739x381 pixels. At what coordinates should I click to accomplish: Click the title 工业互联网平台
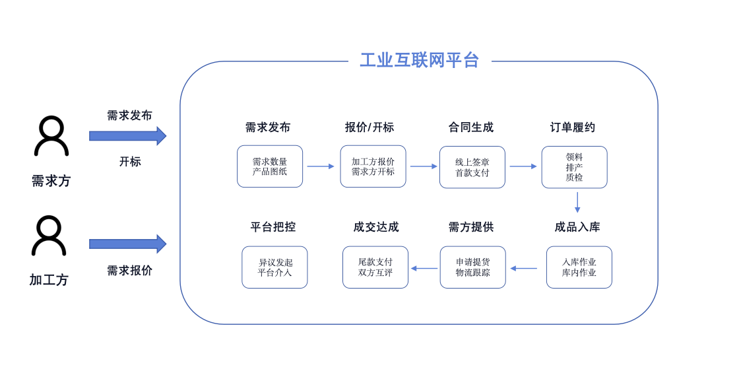[x=419, y=61]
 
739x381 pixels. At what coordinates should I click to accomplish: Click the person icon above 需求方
[x=51, y=137]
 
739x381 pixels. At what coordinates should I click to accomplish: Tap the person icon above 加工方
[x=49, y=236]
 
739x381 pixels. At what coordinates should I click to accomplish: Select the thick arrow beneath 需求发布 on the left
[x=127, y=136]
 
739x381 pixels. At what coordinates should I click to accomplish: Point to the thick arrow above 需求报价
[x=127, y=244]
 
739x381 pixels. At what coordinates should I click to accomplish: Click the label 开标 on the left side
[x=130, y=162]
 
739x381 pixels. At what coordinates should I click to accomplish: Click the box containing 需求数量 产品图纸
[x=270, y=166]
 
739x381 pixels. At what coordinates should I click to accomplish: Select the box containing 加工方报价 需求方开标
[x=373, y=166]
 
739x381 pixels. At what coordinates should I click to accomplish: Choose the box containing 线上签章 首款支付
[x=472, y=167]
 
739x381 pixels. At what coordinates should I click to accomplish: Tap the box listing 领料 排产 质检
[x=574, y=167]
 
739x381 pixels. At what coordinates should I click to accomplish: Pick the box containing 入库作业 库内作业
[x=579, y=267]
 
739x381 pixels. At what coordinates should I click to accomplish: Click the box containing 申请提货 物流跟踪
[x=472, y=267]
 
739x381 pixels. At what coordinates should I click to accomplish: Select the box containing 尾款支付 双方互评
[x=375, y=267]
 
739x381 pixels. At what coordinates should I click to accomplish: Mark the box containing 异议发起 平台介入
[x=274, y=267]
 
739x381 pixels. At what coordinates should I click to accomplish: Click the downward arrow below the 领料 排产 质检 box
[x=577, y=202]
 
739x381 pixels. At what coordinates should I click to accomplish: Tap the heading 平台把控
[x=273, y=227]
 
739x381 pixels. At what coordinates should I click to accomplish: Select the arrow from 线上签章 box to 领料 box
[x=523, y=166]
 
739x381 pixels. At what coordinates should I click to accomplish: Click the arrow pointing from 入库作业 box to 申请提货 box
[x=524, y=268]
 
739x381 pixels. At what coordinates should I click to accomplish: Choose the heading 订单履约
[x=573, y=127]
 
